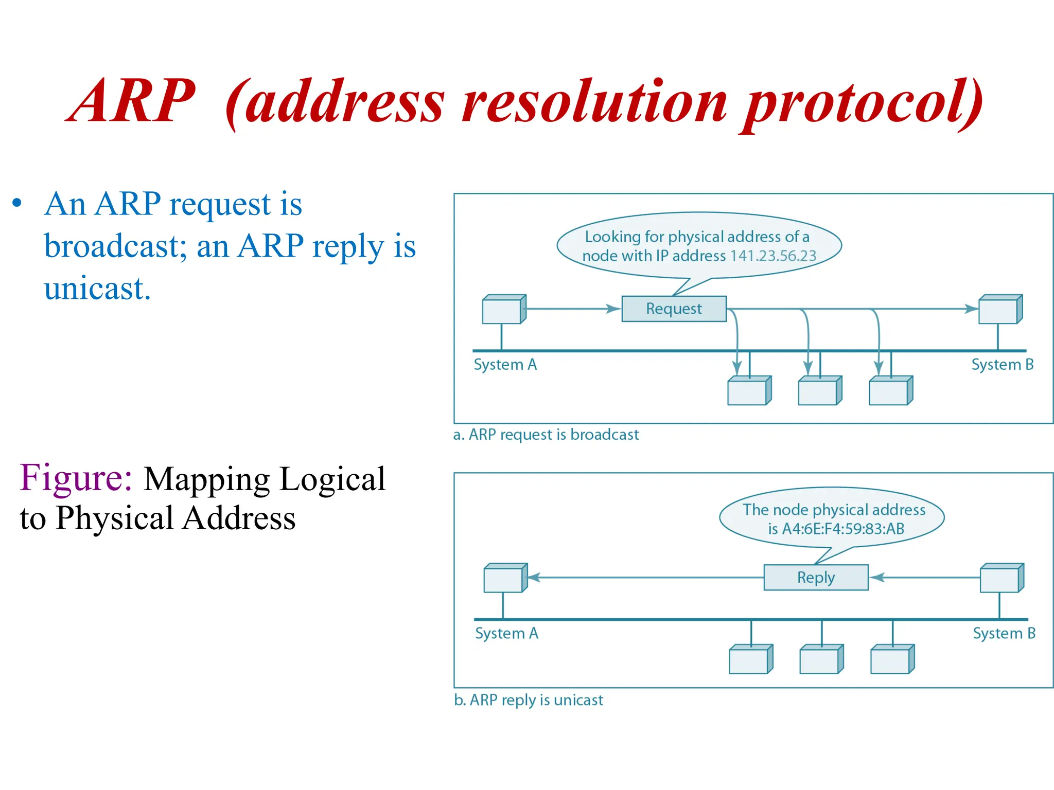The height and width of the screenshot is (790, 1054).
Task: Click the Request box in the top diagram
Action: point(674,309)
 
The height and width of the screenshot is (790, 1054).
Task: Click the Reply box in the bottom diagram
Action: point(816,577)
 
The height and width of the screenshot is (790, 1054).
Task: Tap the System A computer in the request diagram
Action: point(504,310)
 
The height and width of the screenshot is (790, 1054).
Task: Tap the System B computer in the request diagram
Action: point(1000,310)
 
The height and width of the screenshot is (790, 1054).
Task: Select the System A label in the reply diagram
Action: point(506,633)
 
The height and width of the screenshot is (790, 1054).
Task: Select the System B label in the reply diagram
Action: point(1004,633)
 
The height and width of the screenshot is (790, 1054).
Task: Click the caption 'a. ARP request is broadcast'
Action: point(546,435)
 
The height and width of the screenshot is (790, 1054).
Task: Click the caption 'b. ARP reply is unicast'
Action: point(528,700)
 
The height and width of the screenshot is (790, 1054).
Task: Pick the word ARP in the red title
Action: point(131,101)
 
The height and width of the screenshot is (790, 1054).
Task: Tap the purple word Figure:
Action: point(76,478)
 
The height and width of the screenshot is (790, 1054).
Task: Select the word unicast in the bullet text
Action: point(97,289)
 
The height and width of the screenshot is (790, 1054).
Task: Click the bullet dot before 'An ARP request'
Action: point(17,203)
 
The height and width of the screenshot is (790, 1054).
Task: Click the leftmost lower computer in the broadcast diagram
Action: point(749,391)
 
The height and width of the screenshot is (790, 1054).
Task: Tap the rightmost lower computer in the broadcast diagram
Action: point(890,391)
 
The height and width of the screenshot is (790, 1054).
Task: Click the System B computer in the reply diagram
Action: point(1002,578)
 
